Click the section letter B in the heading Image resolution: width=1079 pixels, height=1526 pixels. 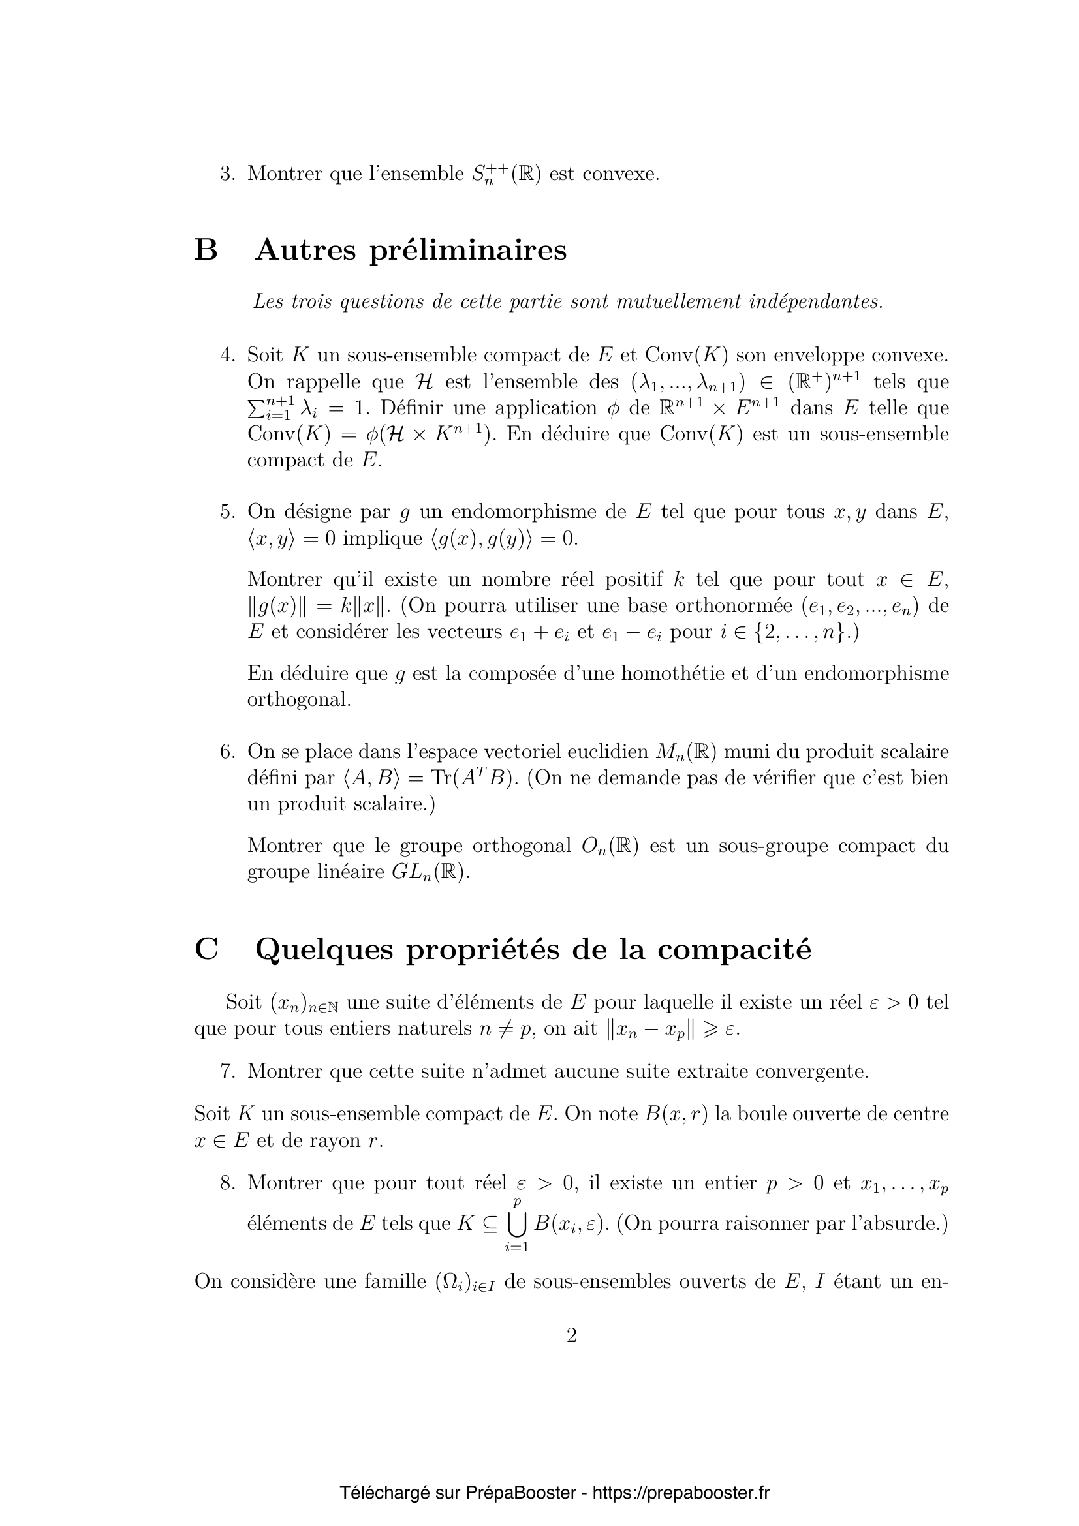206,251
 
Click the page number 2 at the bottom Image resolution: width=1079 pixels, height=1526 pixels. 571,1335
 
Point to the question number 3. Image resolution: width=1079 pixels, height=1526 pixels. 227,174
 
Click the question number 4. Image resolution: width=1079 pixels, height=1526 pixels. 227,355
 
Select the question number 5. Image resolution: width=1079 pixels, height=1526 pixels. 227,511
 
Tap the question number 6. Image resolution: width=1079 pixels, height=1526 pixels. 227,752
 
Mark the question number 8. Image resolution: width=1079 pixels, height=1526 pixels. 227,1183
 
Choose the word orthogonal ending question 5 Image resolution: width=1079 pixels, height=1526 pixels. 298,700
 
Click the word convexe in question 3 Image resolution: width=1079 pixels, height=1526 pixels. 620,174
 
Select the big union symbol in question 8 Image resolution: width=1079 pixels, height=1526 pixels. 516,1223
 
